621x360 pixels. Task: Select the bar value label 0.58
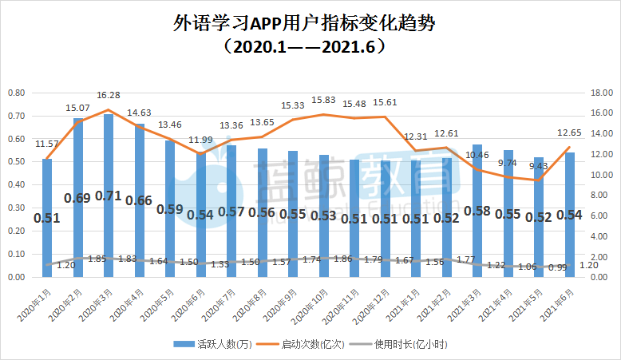point(477,211)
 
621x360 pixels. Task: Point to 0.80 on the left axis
point(16,93)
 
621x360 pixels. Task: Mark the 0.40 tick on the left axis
point(16,185)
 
